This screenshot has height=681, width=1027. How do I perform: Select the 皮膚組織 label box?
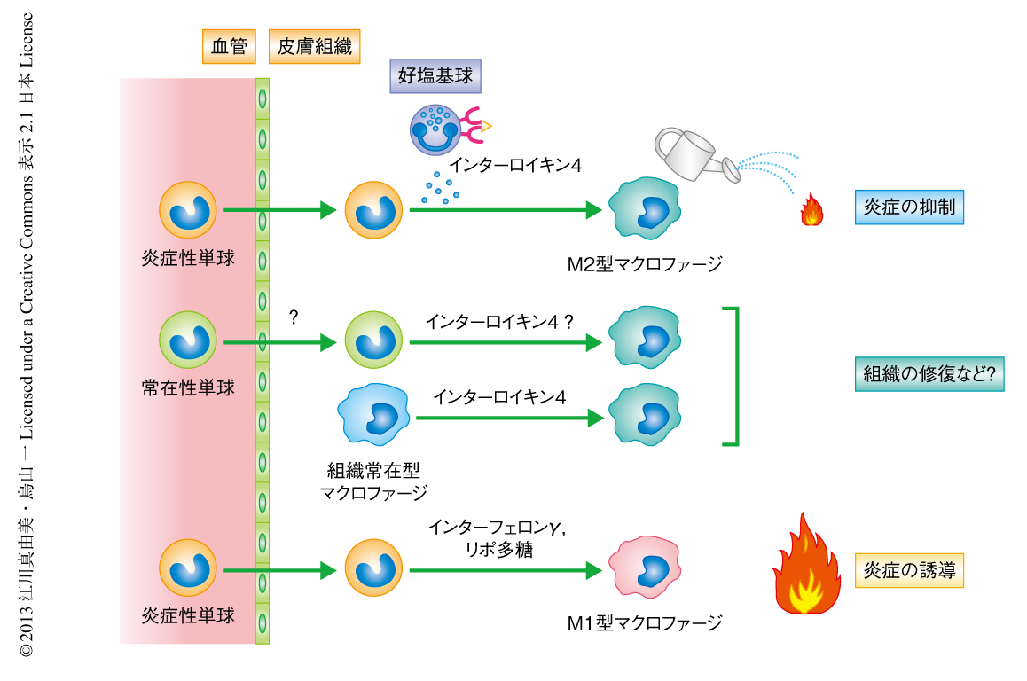point(315,47)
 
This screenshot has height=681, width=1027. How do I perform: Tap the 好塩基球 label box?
point(435,76)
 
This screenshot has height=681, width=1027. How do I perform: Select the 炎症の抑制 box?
point(909,207)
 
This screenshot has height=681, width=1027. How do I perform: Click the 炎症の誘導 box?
point(909,570)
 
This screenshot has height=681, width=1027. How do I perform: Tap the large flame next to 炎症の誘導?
point(806,567)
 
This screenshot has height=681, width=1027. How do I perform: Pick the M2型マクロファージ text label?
point(645,263)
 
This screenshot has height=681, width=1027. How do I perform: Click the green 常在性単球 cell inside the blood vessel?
point(188,340)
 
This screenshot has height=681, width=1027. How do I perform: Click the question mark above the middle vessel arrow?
point(294,317)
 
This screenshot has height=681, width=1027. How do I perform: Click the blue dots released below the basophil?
point(440,187)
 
